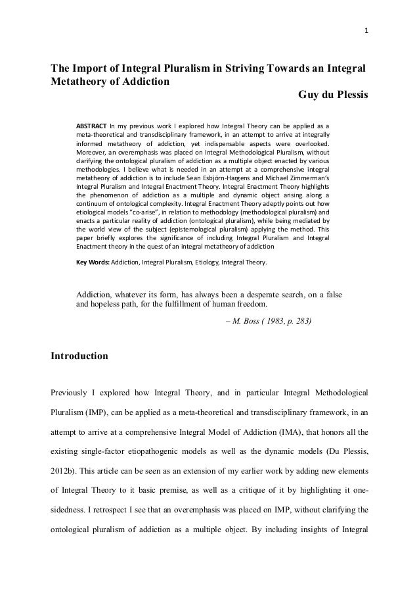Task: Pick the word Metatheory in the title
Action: (x=81, y=82)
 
